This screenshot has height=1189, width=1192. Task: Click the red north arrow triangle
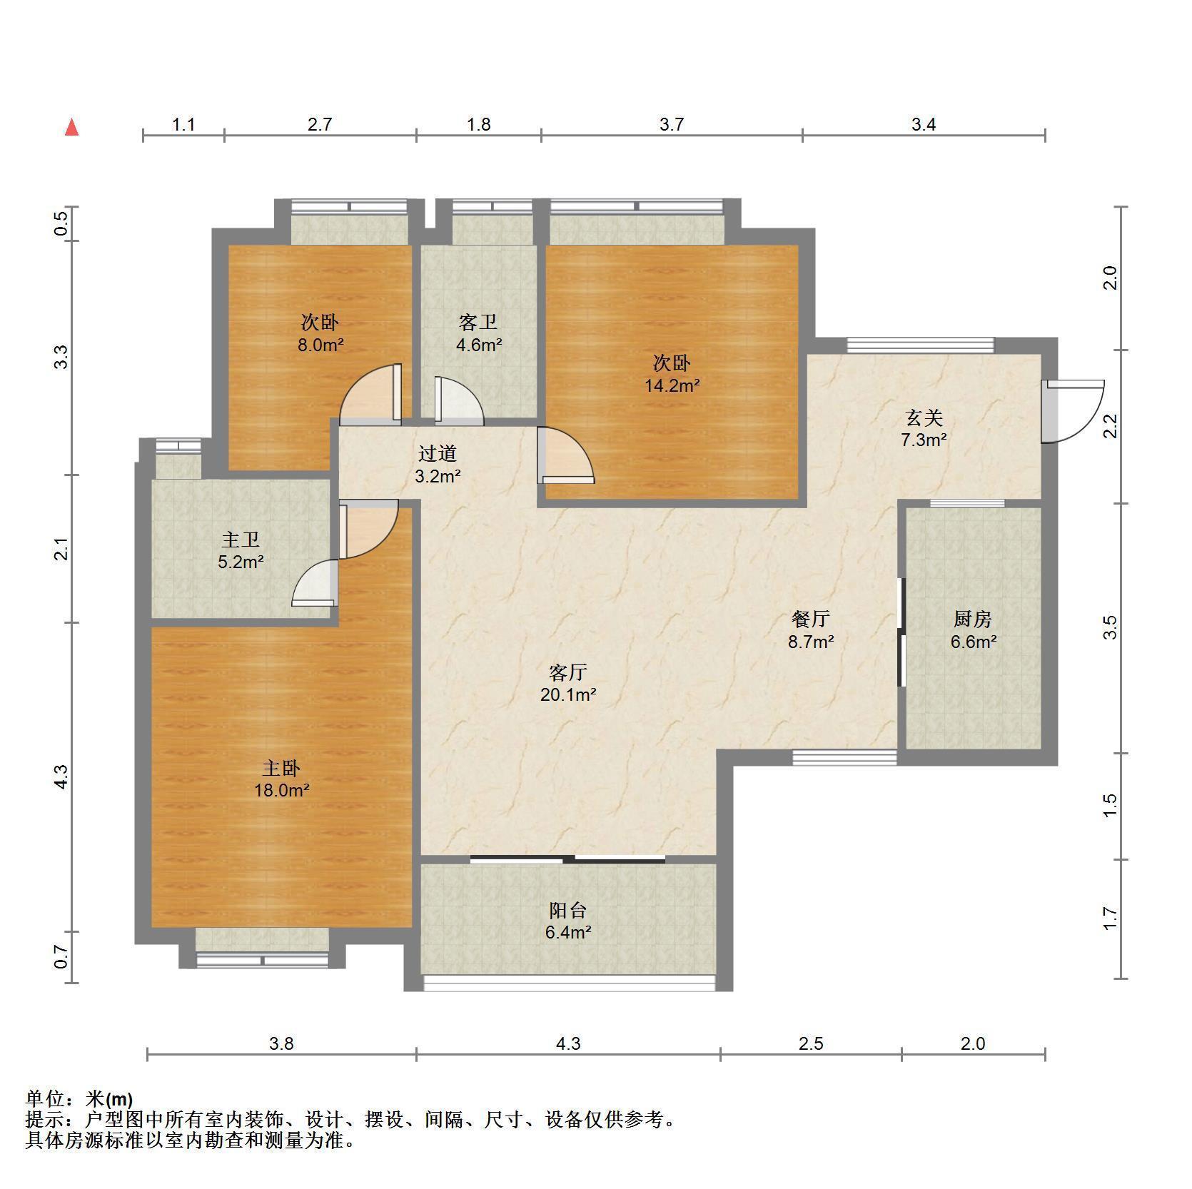tap(71, 128)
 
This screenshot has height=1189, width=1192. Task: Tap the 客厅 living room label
tap(568, 672)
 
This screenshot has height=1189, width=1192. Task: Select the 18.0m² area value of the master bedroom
tap(282, 790)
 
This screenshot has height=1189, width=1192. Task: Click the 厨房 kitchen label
tap(973, 619)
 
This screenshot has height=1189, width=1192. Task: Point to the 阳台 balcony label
tap(568, 910)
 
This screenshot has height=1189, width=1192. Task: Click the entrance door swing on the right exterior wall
tap(1072, 411)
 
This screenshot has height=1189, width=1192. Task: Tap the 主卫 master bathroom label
tap(241, 539)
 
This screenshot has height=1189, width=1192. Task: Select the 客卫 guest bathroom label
tap(478, 323)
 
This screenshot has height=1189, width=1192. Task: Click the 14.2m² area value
tap(672, 386)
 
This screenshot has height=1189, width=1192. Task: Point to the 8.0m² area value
tap(321, 345)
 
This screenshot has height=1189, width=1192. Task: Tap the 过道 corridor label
tap(437, 453)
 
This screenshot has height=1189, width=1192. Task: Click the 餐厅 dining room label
tap(811, 619)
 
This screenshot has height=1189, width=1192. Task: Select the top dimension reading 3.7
tap(672, 125)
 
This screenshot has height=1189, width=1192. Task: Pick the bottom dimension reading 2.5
tap(811, 1044)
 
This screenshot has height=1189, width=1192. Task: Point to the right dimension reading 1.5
tap(1109, 806)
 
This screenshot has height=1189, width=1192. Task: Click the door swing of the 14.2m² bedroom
tap(565, 455)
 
